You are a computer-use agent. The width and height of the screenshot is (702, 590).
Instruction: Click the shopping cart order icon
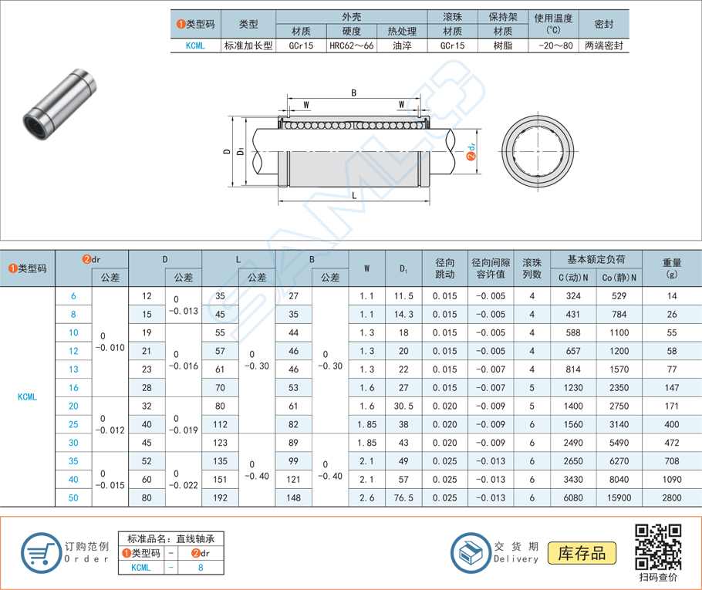40,552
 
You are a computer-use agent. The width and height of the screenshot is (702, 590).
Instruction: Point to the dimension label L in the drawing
354,195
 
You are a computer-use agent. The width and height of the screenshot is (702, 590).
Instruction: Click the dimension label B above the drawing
354,93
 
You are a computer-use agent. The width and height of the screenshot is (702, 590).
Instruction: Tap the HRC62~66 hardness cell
351,46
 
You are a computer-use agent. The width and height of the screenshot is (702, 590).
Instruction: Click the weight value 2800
671,498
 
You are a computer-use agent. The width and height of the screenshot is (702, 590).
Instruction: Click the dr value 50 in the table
73,498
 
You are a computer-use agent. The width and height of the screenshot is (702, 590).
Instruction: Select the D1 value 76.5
403,498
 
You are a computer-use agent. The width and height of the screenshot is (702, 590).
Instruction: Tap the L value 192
220,498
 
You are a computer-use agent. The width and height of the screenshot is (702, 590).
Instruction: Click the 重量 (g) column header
671,268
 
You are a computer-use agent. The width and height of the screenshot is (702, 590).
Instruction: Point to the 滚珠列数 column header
532,268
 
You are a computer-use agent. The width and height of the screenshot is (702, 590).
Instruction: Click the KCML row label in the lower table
27,397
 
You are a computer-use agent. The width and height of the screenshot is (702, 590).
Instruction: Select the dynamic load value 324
572,296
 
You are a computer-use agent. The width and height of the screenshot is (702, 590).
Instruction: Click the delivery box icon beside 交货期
469,552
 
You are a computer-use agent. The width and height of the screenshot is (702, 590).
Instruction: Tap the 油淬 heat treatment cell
401,46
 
